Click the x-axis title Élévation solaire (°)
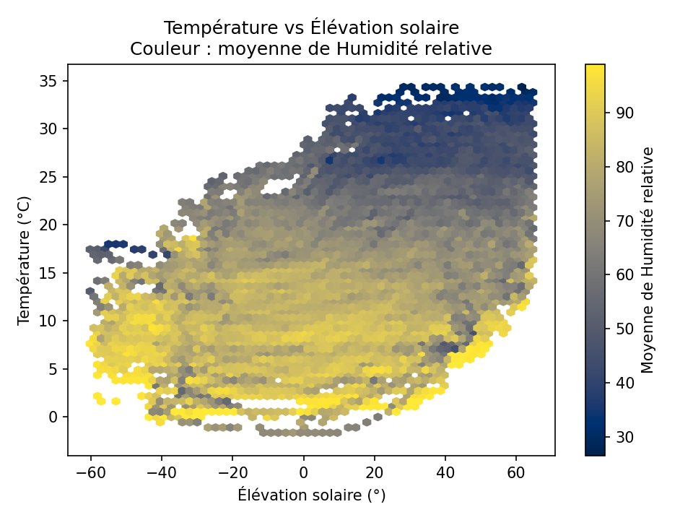click(x=311, y=495)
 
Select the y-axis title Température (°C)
click(x=24, y=260)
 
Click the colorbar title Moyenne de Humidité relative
click(x=648, y=260)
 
